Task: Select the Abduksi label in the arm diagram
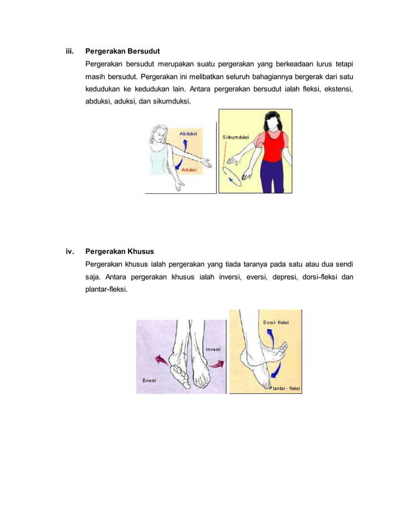coord(187,134)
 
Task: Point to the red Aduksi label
coord(189,170)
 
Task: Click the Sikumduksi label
coord(236,137)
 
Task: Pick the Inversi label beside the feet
coord(214,349)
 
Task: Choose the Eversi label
coord(149,381)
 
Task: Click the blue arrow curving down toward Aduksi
coord(183,162)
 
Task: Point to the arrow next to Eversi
coord(162,360)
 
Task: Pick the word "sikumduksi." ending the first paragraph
coord(171,101)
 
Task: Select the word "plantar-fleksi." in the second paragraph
coord(107,290)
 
